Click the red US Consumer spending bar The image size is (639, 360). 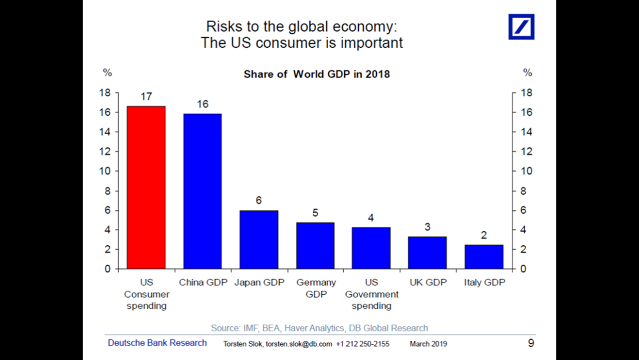[146, 187]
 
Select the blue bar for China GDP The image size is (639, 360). [202, 191]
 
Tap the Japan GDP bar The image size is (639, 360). [259, 240]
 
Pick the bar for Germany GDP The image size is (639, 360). [316, 246]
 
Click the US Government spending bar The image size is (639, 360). [371, 248]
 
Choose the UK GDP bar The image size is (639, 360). [427, 253]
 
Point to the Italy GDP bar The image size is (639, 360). [484, 256]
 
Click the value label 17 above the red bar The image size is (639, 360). [146, 97]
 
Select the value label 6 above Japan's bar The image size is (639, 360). [259, 201]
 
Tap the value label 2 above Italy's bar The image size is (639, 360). [484, 235]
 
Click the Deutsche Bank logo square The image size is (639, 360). [521, 26]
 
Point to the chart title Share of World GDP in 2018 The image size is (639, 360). [316, 74]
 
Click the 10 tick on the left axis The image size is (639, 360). [106, 171]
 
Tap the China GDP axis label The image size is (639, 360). [203, 282]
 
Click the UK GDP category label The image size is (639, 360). [428, 282]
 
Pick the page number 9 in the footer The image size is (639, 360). [530, 343]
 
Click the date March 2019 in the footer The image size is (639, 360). [428, 344]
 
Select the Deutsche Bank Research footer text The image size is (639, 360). [157, 343]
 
